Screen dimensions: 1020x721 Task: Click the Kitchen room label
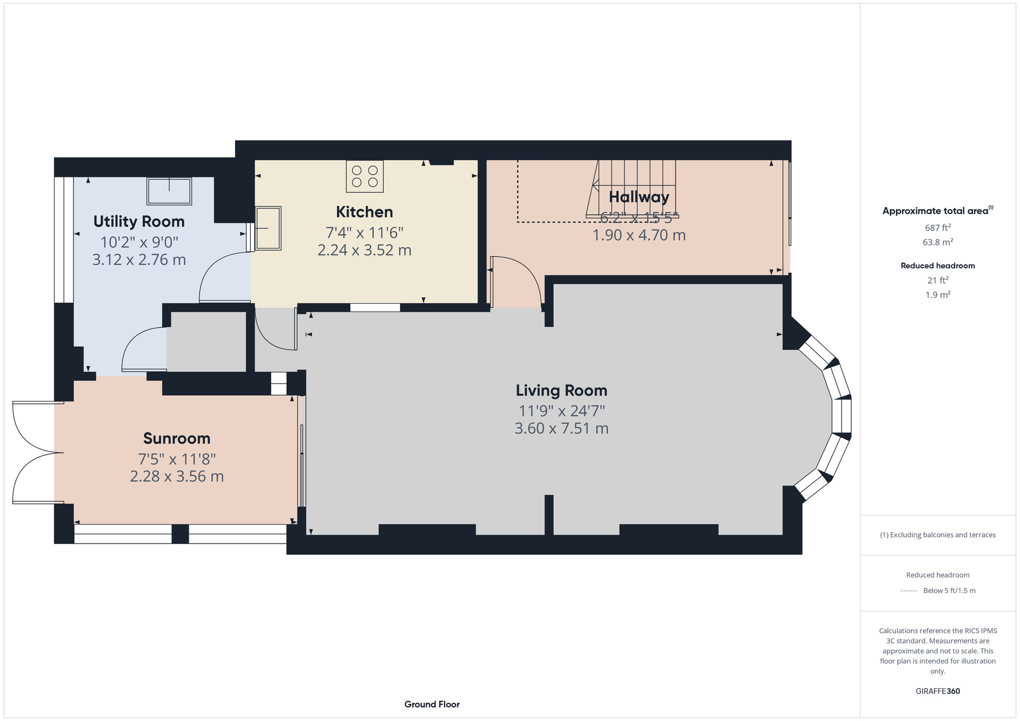click(x=364, y=212)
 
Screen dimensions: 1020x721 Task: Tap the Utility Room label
click(x=139, y=222)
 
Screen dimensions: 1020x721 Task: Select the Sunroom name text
click(x=177, y=439)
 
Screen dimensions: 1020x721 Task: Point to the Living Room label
click(x=562, y=391)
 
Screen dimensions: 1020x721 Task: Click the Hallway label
click(x=639, y=197)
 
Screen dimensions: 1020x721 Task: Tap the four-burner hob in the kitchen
click(x=365, y=176)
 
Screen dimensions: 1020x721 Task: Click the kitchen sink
click(x=268, y=228)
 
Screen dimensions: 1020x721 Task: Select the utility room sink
click(x=169, y=191)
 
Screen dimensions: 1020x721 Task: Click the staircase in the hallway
click(x=632, y=189)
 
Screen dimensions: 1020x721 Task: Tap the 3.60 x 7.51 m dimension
click(x=562, y=428)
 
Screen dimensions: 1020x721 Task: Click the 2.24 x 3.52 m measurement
click(x=364, y=250)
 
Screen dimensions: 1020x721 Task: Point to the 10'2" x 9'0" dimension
click(x=139, y=242)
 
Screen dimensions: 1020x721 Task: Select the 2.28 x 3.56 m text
click(x=177, y=476)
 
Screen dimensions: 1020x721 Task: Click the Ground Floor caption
click(x=432, y=704)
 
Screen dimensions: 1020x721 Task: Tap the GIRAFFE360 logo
click(x=938, y=691)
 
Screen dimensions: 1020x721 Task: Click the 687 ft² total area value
click(x=938, y=227)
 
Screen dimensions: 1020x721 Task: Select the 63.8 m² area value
click(x=938, y=242)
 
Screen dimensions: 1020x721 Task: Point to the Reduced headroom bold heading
click(x=938, y=266)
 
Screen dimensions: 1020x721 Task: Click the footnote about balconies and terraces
click(x=938, y=535)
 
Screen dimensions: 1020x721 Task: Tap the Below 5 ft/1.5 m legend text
click(x=949, y=590)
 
